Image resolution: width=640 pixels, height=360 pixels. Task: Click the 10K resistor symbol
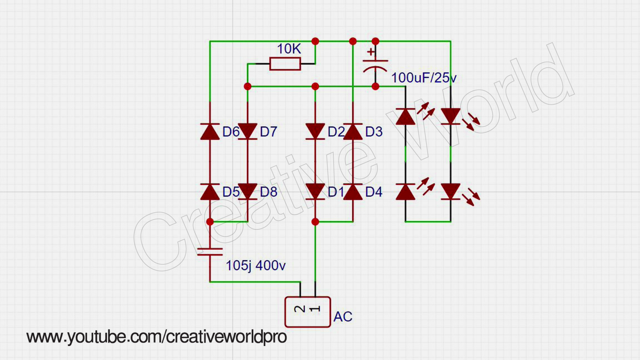285,64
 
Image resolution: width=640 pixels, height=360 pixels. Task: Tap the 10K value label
289,49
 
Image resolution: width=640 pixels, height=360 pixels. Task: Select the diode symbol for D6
210,131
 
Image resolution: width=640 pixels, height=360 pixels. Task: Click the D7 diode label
268,132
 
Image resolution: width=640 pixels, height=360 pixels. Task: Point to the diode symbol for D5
210,192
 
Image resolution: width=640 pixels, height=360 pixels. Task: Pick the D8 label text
268,192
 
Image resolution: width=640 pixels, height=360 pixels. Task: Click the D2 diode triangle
315,131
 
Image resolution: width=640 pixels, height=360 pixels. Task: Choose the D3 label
374,132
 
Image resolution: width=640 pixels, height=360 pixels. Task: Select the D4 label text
374,192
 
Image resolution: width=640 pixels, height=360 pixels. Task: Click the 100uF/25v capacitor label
424,78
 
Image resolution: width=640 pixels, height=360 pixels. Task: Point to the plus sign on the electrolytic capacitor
371,52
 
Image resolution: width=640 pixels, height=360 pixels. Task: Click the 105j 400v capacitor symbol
210,252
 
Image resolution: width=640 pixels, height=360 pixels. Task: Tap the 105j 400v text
256,266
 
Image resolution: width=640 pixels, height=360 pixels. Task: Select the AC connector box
307,312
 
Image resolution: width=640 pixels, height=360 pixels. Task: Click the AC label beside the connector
343,317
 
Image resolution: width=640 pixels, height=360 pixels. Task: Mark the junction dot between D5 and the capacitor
210,222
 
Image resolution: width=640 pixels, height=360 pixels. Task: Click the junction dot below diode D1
315,222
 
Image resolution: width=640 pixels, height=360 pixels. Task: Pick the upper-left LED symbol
406,116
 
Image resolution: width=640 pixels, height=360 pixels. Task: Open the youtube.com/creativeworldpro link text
157,337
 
